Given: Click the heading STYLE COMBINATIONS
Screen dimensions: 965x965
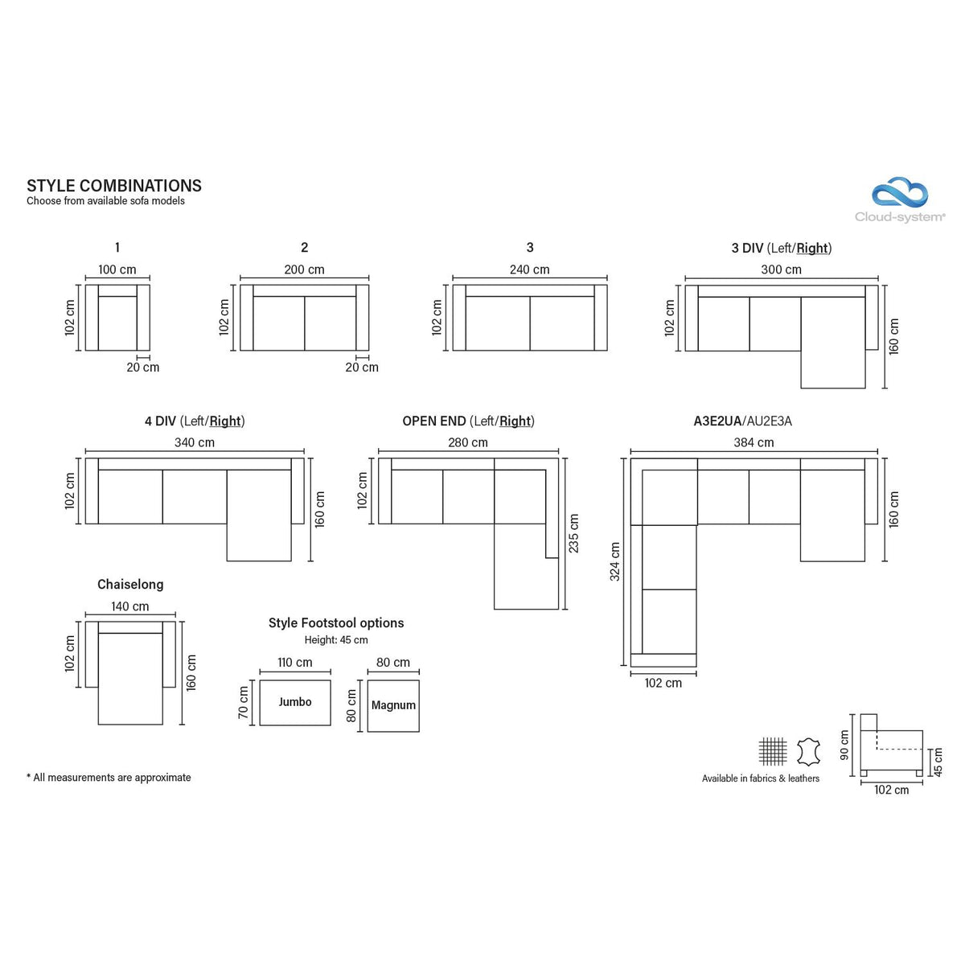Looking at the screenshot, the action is click(114, 186).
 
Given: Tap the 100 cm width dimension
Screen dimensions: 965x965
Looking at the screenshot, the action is click(117, 269).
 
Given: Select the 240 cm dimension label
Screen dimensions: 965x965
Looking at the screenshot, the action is click(529, 269).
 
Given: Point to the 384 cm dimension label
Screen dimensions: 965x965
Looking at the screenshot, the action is click(754, 442).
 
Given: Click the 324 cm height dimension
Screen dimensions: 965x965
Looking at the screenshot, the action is click(615, 561).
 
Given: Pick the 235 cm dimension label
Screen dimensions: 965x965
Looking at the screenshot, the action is click(573, 533).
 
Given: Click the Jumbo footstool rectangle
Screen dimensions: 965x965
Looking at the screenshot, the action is click(295, 702).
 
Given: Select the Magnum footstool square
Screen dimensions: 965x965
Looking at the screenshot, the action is click(393, 705).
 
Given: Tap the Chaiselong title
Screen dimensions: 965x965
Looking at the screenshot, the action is click(130, 585).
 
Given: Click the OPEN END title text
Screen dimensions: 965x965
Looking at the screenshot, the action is click(434, 421).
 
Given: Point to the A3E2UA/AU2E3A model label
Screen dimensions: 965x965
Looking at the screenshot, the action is click(743, 421).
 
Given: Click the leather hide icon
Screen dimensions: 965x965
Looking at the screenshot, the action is click(808, 751).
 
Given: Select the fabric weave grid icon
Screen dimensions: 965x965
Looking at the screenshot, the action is click(773, 751).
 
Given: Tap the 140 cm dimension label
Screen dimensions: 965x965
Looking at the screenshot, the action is click(129, 606).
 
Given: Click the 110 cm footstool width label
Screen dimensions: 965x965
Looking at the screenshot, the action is click(294, 662).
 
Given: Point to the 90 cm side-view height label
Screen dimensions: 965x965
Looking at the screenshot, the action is click(844, 745).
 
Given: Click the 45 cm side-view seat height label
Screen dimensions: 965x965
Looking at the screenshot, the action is click(938, 762).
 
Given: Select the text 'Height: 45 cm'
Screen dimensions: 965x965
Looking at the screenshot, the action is click(336, 640).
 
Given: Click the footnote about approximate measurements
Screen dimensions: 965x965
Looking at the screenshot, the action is click(109, 777).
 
